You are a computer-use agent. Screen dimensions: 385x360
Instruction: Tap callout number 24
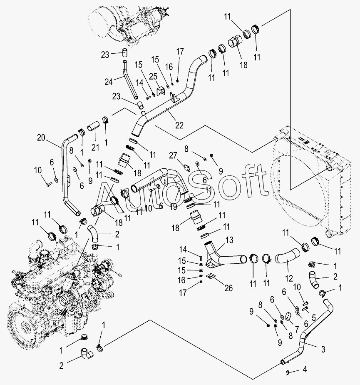click(x=108, y=82)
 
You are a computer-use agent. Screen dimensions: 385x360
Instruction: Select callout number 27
click(x=174, y=156)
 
